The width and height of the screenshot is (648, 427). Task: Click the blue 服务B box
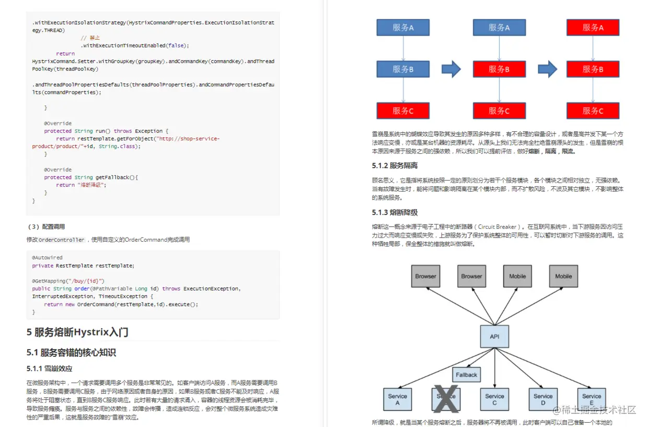(x=403, y=69)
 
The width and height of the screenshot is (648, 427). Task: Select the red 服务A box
(x=593, y=28)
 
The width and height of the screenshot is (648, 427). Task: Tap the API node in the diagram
(x=494, y=336)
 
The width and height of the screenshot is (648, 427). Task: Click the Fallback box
(x=466, y=375)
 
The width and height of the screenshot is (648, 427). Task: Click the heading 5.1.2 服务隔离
(x=395, y=166)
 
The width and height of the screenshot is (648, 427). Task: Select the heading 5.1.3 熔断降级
(x=395, y=212)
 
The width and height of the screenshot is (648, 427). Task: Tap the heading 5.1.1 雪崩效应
(x=49, y=368)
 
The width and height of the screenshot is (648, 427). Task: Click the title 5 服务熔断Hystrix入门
(x=77, y=332)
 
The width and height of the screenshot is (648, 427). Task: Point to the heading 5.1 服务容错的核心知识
(x=71, y=352)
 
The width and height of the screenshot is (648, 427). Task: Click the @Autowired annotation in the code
(x=47, y=258)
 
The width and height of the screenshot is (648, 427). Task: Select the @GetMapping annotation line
(x=68, y=281)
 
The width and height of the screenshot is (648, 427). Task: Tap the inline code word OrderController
(x=62, y=240)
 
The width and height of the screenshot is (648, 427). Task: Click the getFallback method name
(x=112, y=177)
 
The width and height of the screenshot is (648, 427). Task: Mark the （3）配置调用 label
(x=46, y=227)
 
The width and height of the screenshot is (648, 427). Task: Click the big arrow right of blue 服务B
(x=451, y=69)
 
